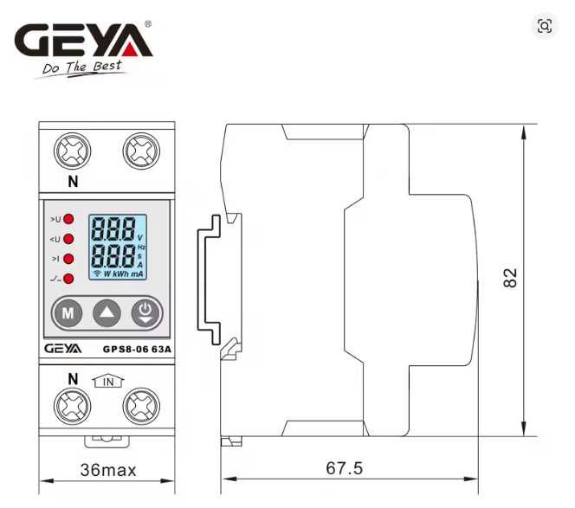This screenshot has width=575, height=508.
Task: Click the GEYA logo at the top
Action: pos(83,39)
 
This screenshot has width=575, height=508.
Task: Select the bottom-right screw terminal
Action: pos(139,406)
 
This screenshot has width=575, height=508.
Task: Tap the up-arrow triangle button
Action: pos(107,312)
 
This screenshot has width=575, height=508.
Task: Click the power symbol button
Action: pos(145,312)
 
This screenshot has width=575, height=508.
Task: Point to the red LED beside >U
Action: pos(68,220)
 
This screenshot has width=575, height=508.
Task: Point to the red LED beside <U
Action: pos(68,239)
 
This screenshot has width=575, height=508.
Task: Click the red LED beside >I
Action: pos(68,258)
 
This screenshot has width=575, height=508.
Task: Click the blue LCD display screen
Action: pos(119,248)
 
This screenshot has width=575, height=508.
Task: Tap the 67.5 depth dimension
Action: pos(344,468)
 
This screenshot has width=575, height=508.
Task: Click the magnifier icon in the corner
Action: pos(545,26)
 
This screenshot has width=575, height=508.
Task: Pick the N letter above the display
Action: pos(73,182)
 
